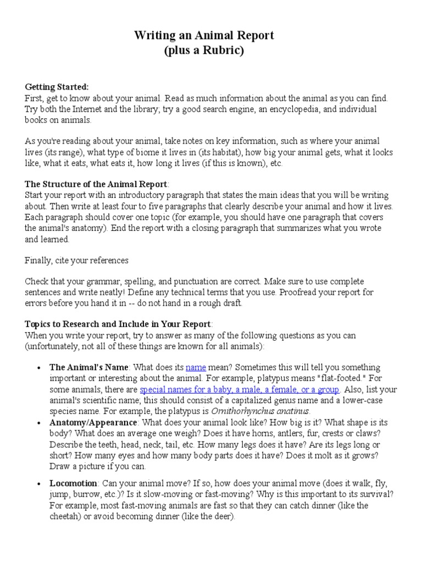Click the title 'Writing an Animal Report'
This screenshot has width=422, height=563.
pos(204,36)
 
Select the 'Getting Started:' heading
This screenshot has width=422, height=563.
pos(57,87)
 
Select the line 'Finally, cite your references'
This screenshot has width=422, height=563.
pos(76,260)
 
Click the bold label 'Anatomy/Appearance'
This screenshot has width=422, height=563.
pos(93,422)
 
